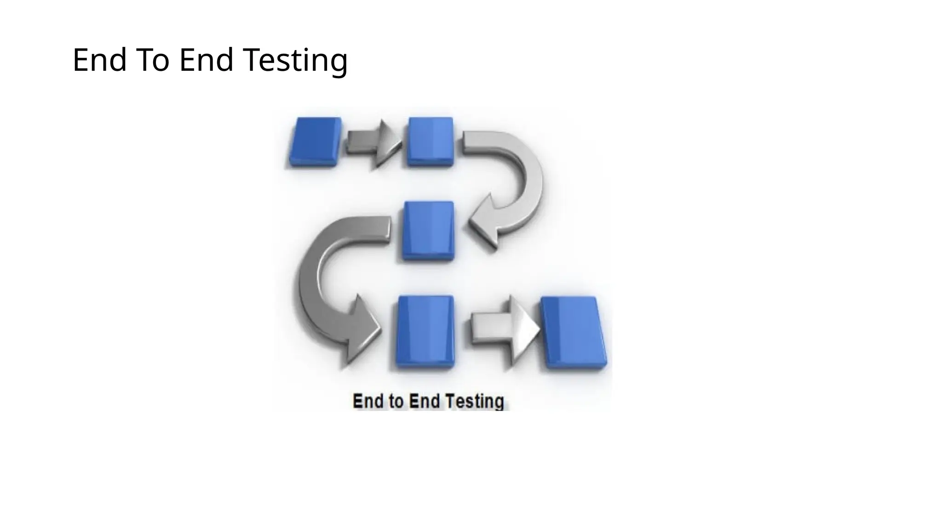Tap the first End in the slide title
coord(99,60)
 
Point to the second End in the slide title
coord(206,60)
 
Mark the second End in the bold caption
coord(424,402)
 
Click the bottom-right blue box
coord(573,332)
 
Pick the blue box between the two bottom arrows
coord(425,331)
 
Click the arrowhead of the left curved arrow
coord(361,329)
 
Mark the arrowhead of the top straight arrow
coord(387,143)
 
